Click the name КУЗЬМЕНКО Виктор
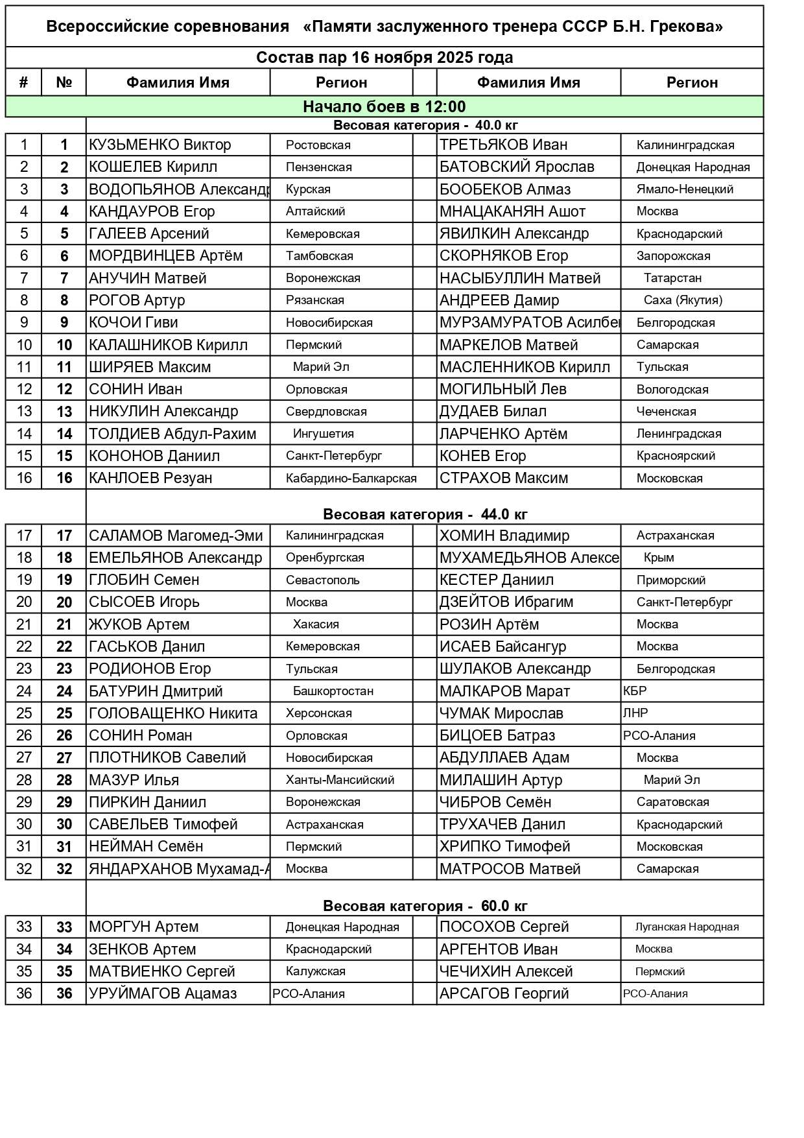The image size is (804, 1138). click(160, 145)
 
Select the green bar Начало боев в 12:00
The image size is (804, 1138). click(384, 106)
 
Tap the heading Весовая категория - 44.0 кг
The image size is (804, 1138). click(425, 515)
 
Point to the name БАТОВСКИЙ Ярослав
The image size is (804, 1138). click(517, 167)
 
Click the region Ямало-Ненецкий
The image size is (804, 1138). click(685, 189)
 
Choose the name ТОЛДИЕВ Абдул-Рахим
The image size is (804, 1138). click(172, 434)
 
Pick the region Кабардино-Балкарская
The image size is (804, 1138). click(351, 479)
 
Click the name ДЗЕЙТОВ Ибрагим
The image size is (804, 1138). click(506, 602)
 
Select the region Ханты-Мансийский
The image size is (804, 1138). click(340, 780)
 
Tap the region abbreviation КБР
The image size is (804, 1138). click(635, 691)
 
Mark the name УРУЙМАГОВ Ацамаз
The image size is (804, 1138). click(163, 994)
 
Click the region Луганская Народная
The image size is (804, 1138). click(687, 927)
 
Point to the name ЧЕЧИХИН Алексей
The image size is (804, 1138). click(506, 972)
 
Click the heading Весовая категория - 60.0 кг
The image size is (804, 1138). click(425, 906)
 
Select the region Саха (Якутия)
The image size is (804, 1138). click(683, 300)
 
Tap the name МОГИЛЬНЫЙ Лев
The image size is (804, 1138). click(503, 389)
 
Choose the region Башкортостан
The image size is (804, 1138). click(333, 691)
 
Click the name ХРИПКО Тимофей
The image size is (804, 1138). click(504, 847)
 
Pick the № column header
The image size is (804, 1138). click(64, 83)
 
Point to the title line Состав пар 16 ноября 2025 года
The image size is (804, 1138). click(384, 58)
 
